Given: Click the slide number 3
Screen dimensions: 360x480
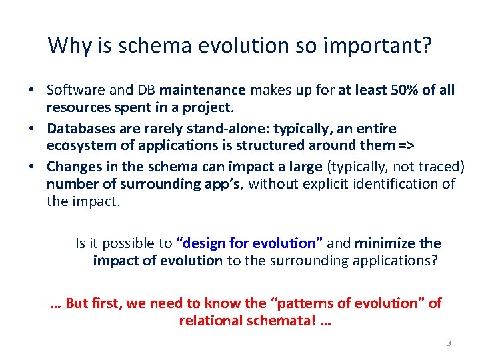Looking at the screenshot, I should (449, 343).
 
